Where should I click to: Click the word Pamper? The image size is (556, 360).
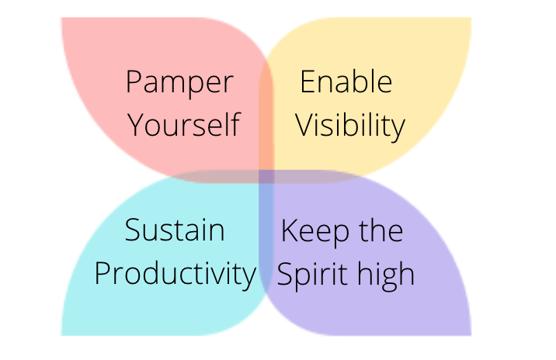coord(180,83)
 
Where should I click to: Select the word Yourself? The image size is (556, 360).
coord(184,124)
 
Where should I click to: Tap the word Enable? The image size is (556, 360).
coord(346,81)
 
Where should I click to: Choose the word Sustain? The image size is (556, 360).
coord(175,230)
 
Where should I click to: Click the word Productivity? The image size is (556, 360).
coord(175,275)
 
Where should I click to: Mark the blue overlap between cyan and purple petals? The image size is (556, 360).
coord(266,234)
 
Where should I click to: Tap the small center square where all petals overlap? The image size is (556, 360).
coord(266,176)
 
